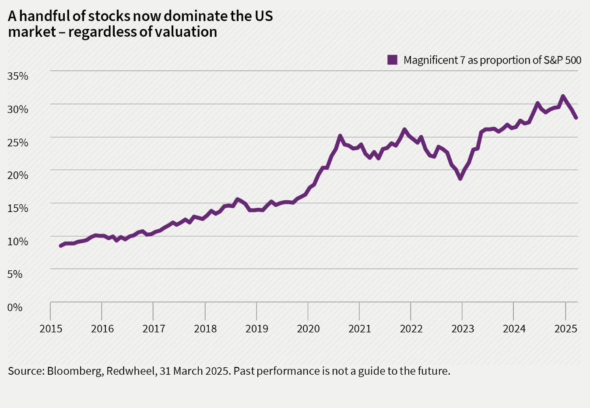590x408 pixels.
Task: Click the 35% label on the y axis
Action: point(18,76)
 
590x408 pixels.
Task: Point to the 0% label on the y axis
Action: point(14,307)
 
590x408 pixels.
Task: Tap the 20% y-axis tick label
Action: point(18,175)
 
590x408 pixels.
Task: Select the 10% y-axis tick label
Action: point(18,241)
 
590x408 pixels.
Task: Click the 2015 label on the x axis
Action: point(51,329)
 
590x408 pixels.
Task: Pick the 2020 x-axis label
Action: point(308,329)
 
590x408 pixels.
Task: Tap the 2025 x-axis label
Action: point(565,329)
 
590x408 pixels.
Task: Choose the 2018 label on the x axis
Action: point(205,329)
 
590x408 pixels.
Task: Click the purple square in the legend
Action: point(392,60)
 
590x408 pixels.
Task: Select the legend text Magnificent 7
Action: point(434,60)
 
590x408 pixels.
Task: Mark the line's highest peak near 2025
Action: point(563,96)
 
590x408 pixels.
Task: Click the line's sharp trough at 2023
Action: point(460,178)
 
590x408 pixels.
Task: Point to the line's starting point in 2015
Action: point(61,246)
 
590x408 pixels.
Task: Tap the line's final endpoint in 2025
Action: point(576,117)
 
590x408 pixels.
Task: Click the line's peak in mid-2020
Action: point(340,136)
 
